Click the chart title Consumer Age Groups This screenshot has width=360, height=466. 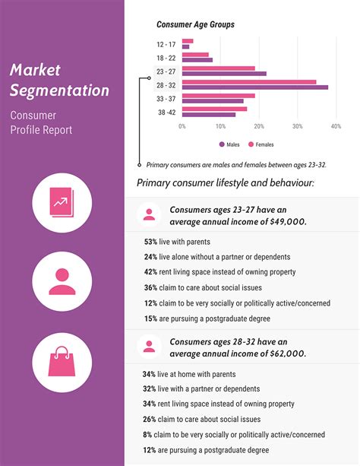coord(195,24)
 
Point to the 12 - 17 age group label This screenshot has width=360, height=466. coord(166,43)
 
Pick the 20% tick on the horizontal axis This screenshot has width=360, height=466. coord(259,126)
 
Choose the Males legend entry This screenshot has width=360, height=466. coord(230,144)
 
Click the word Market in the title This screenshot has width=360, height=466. coord(35,71)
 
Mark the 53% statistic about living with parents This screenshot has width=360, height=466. coord(150,241)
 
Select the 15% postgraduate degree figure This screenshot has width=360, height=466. coord(150,319)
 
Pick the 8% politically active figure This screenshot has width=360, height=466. coord(147,435)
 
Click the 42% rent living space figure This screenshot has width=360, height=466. coord(150,272)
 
